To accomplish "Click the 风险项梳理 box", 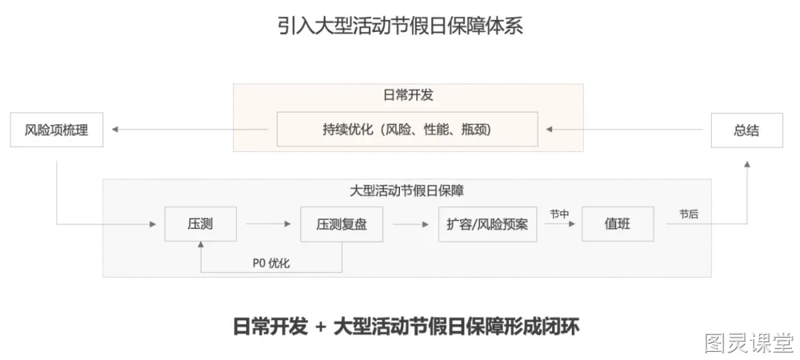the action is [x=56, y=130].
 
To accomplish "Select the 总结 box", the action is [x=747, y=130].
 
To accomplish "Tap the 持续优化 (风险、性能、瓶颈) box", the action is [x=407, y=130].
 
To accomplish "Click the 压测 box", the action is [x=201, y=224].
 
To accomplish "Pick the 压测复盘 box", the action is [x=341, y=224].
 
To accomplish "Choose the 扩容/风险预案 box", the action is [x=487, y=224].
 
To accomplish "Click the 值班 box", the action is [x=618, y=224].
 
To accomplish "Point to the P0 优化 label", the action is [x=271, y=263].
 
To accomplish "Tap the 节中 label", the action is [x=559, y=214].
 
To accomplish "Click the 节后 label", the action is [x=689, y=214].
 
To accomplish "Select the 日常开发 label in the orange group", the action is [x=408, y=95].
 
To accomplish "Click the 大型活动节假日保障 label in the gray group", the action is [x=407, y=191].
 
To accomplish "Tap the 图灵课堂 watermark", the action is [x=750, y=343].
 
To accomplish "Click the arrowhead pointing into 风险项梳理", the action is [x=116, y=130].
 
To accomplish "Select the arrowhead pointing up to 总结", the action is [x=747, y=164].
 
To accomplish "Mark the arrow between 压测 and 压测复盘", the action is [x=268, y=224].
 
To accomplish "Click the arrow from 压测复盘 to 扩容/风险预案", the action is [x=410, y=224].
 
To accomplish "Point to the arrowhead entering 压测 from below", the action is [x=201, y=246].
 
